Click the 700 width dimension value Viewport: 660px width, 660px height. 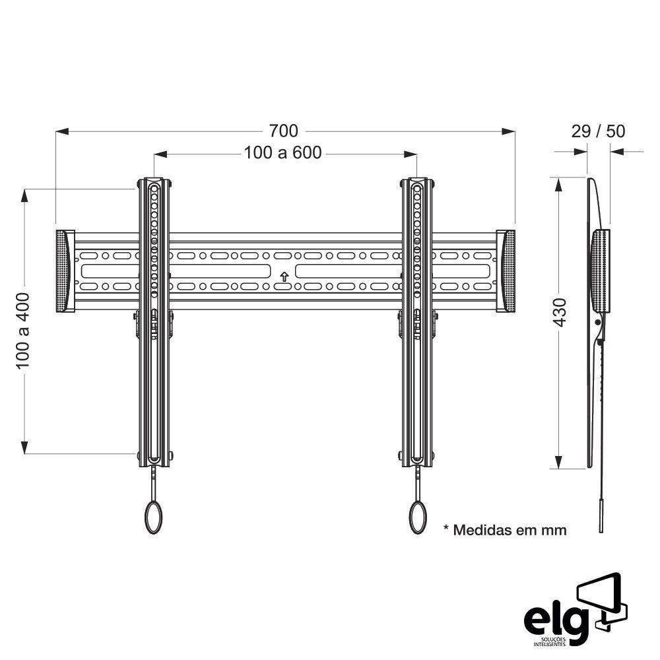pos(283,131)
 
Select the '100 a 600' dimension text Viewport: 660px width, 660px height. pos(282,153)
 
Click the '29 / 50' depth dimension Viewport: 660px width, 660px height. pos(597,131)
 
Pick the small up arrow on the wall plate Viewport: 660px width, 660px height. pos(284,276)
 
